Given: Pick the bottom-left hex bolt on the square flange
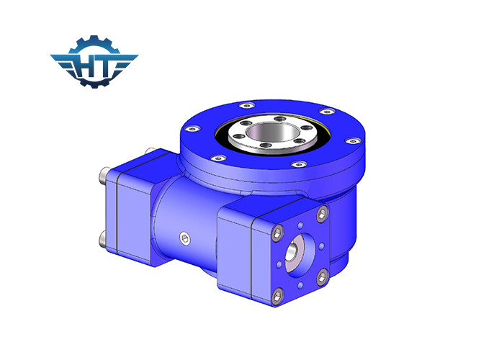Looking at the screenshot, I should (277, 292).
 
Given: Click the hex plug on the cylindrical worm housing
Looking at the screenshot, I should (187, 239).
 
